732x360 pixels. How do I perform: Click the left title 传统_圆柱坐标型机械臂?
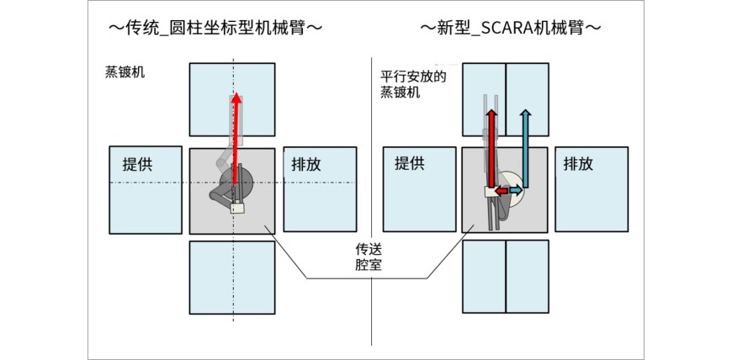coord(216,28)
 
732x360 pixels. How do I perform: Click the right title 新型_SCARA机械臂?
coord(511,28)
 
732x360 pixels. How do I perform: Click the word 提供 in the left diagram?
coord(138,164)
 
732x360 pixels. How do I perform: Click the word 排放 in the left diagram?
coord(306,164)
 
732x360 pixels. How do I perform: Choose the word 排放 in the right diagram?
coord(578,164)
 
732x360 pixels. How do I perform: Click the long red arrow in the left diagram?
coord(236,126)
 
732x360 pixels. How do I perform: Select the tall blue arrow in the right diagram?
coord(525,143)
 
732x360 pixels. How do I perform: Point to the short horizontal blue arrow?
coord(514,193)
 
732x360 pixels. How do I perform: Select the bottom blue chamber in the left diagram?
coord(232,277)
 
